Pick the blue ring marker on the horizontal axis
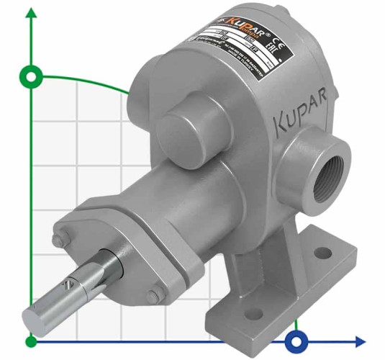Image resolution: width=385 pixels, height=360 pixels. click(x=296, y=341)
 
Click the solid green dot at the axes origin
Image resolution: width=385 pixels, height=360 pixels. click(x=30, y=341)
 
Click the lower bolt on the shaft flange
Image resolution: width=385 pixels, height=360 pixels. click(x=153, y=295)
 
